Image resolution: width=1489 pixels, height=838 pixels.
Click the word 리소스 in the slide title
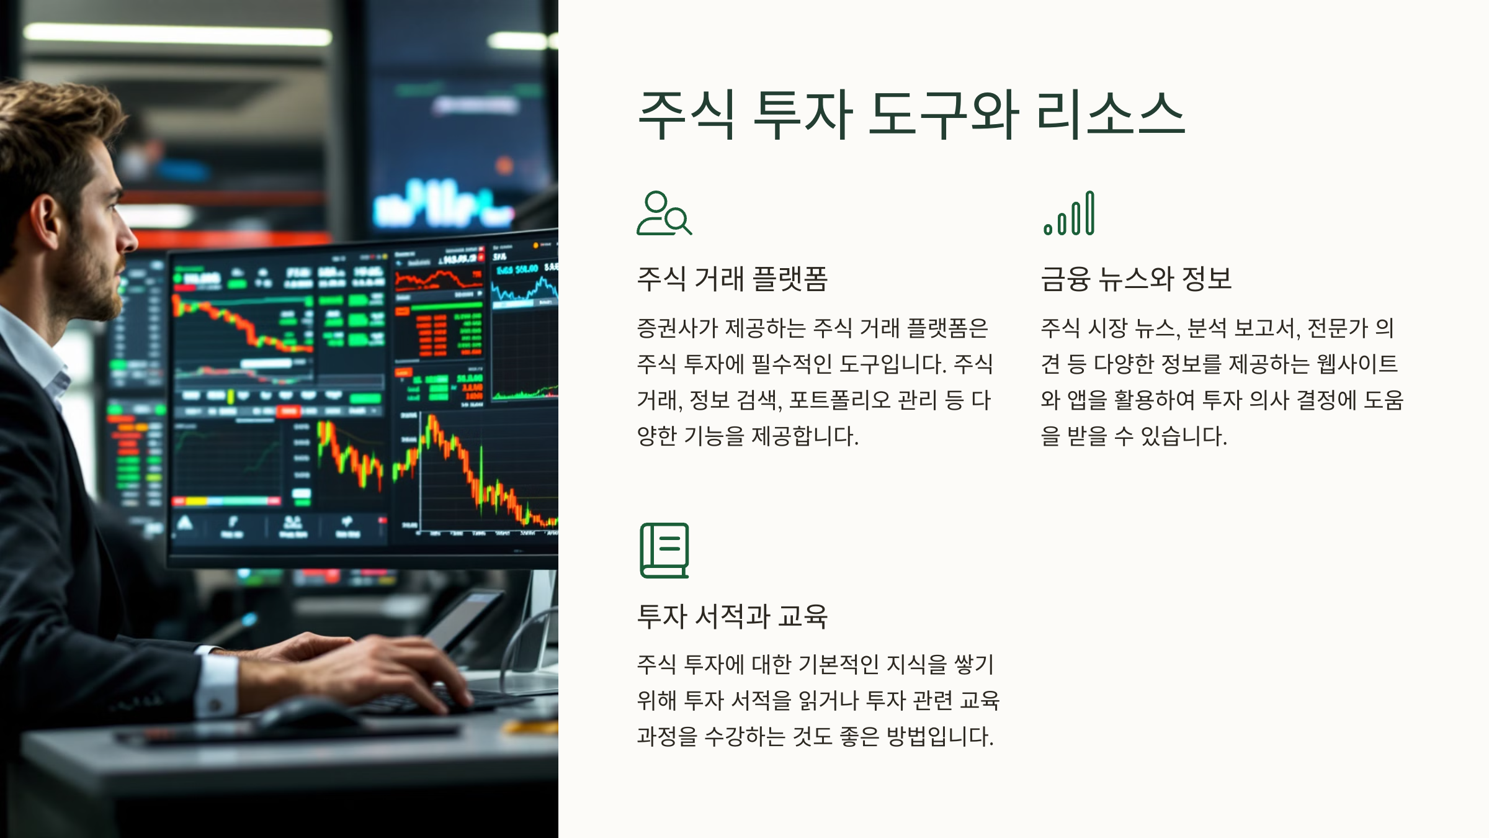coord(1111,115)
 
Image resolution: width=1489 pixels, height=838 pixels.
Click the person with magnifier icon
coord(663,214)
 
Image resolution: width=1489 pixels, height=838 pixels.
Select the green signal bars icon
coord(1069,214)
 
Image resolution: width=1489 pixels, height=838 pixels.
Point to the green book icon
coord(664,551)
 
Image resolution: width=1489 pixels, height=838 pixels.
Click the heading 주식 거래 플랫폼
coord(732,279)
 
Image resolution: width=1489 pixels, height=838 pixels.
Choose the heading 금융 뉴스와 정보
coord(1135,279)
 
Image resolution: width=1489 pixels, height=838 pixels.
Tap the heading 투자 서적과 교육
coord(732,616)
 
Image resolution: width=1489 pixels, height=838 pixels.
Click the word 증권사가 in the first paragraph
coord(677,328)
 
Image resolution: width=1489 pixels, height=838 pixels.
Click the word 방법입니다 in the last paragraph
coord(939,737)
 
